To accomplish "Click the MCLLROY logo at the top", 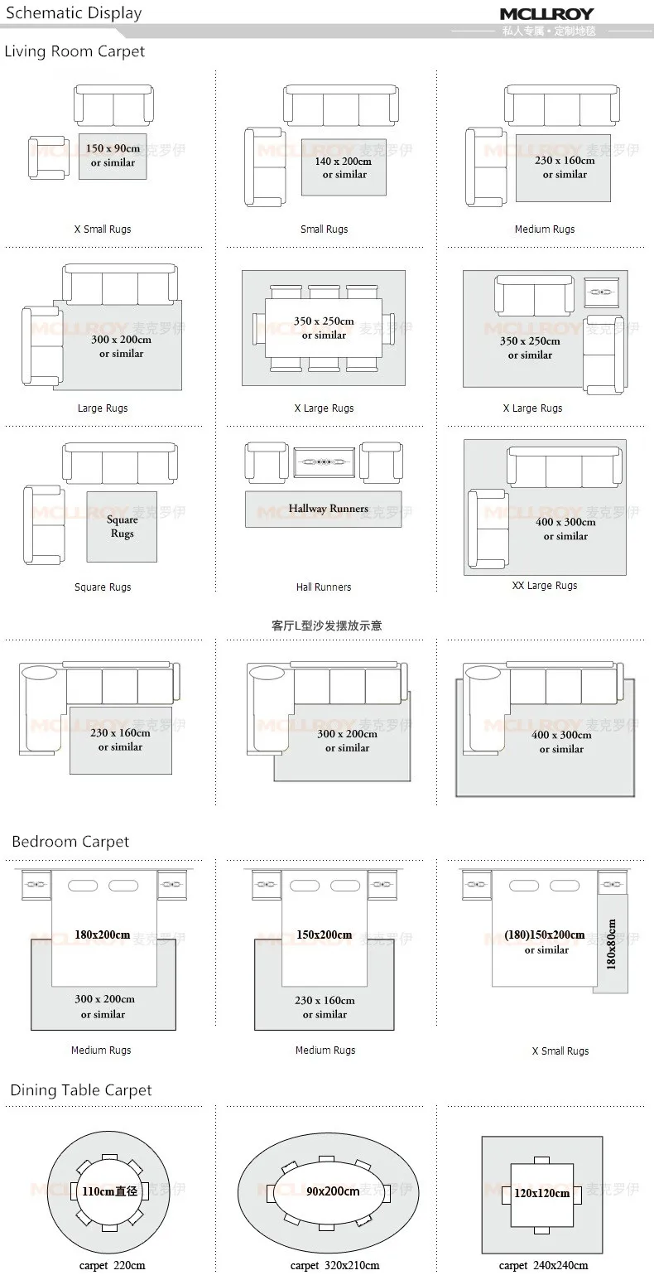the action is [546, 14].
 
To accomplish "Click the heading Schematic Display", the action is [74, 13].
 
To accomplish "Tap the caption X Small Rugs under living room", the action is [103, 229].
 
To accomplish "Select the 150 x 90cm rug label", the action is [113, 149].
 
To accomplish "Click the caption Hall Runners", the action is [324, 587].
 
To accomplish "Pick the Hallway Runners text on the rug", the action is [328, 509].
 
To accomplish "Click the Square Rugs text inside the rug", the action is [122, 527].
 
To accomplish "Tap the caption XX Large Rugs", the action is [545, 586].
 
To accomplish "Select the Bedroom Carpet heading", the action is [70, 842].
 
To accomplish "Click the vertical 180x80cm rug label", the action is [611, 944].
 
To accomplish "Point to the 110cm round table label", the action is [108, 1191].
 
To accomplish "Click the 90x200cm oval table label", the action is [333, 1191].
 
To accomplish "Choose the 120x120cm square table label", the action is [541, 1193].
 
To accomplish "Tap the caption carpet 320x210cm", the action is [334, 1265].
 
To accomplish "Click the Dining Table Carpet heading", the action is [81, 1090].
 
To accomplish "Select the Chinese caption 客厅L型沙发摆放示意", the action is [327, 626].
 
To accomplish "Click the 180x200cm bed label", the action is [102, 935].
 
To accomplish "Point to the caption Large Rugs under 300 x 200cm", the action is [103, 408].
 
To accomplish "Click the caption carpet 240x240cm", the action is [543, 1265].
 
